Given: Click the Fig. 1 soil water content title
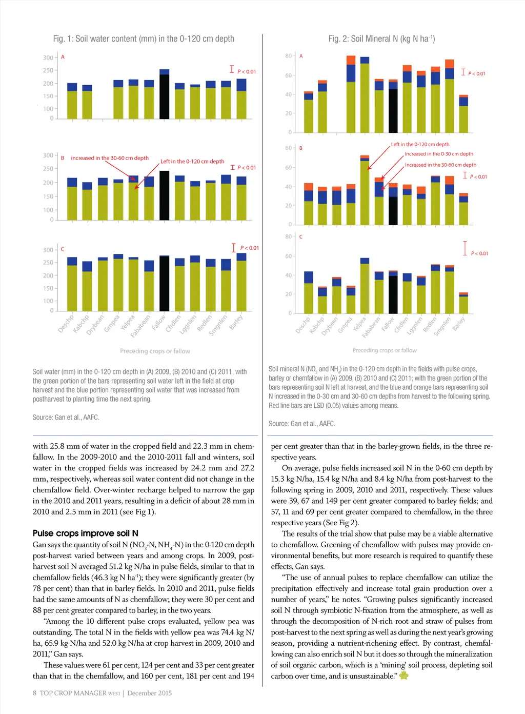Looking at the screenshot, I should (x=144, y=39).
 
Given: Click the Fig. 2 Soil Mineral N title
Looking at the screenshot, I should (x=381, y=39).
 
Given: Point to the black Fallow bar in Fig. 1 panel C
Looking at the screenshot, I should (x=164, y=283).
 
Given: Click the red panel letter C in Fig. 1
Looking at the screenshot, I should (x=63, y=249).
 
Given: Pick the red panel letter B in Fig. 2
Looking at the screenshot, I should (x=301, y=148).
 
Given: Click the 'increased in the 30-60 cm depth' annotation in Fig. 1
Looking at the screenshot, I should (x=110, y=158).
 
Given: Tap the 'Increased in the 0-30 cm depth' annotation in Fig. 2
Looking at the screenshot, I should (x=439, y=154).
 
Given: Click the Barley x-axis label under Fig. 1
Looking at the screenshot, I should (x=236, y=323).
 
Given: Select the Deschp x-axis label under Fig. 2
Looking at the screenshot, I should (x=302, y=325).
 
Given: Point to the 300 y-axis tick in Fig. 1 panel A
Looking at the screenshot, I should (x=48, y=58).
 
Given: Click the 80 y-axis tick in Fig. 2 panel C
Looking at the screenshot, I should (x=288, y=237).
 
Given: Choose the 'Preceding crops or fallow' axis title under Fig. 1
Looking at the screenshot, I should (x=155, y=351).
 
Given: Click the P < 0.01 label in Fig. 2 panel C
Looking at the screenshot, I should (x=479, y=253).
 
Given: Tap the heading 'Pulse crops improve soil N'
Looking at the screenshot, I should (x=86, y=533).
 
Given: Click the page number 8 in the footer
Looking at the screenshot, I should (x=35, y=693).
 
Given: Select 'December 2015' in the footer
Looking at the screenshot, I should (x=150, y=693).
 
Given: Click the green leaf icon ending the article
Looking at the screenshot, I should (x=404, y=676).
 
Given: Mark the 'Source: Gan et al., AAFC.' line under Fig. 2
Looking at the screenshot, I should (x=301, y=424).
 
